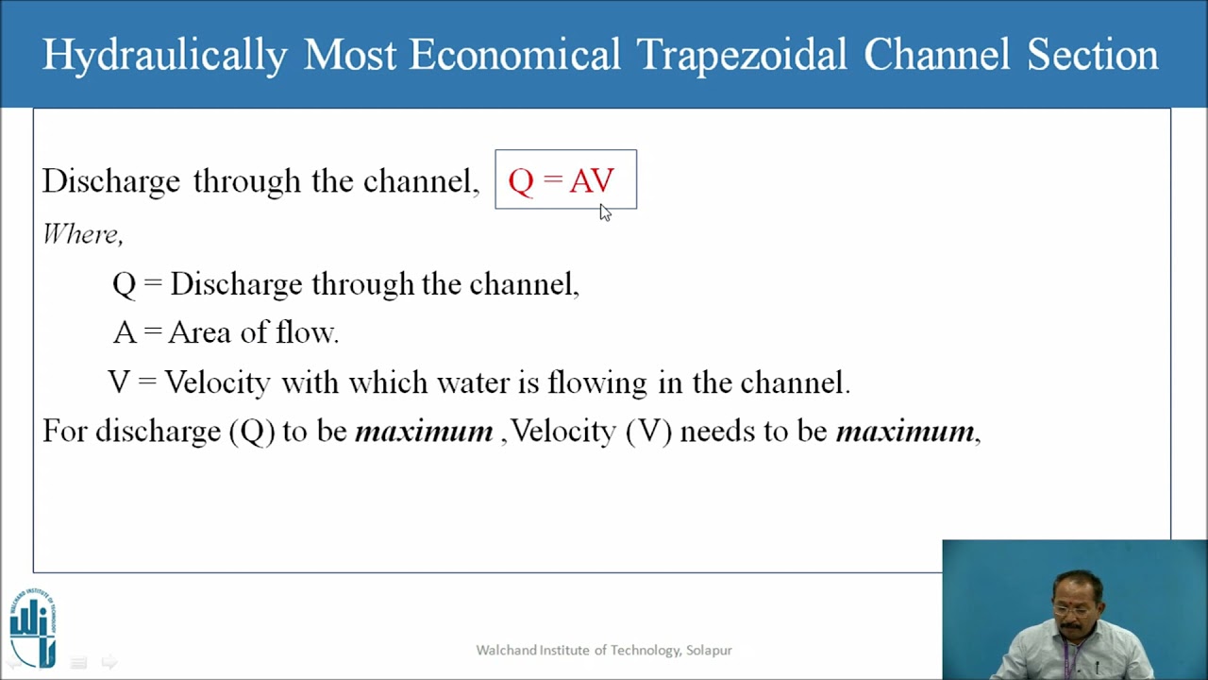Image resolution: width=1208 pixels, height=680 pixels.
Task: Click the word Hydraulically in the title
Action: tap(164, 55)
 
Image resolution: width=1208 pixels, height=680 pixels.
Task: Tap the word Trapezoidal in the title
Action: tap(742, 55)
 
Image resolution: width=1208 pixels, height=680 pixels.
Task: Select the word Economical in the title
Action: tap(514, 55)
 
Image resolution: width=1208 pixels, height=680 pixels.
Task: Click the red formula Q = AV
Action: tap(562, 180)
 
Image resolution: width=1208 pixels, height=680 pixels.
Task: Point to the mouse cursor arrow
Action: tap(604, 212)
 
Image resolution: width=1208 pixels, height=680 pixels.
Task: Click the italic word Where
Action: tap(81, 233)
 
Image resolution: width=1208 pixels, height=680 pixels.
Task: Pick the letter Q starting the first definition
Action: tap(124, 284)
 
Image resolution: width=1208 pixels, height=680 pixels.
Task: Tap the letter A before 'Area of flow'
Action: tap(124, 332)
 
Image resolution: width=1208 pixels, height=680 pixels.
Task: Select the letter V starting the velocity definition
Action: tap(119, 382)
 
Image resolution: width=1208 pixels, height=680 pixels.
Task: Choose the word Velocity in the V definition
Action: tap(217, 382)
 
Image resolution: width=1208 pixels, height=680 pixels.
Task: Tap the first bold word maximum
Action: tap(424, 432)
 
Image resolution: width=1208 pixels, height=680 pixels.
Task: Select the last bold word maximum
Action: tap(905, 432)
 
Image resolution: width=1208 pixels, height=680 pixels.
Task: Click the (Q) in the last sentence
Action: tap(252, 432)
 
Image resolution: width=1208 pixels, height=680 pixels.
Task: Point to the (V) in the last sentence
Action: tap(648, 432)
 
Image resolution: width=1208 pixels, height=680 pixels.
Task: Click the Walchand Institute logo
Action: tap(33, 627)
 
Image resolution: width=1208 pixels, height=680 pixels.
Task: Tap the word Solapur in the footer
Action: tap(709, 650)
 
